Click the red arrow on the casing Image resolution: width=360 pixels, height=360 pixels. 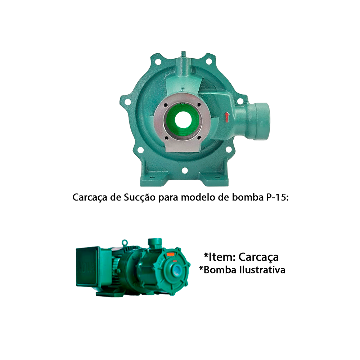pos(227,117)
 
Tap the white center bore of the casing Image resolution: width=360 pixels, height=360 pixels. pos(183,120)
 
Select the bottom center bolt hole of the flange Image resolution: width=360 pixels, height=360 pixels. pos(185,171)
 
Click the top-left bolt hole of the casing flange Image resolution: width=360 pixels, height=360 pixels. pos(158,62)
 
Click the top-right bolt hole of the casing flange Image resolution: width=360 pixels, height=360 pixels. pos(209,61)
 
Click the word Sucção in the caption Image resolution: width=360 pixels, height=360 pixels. pos(140,198)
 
